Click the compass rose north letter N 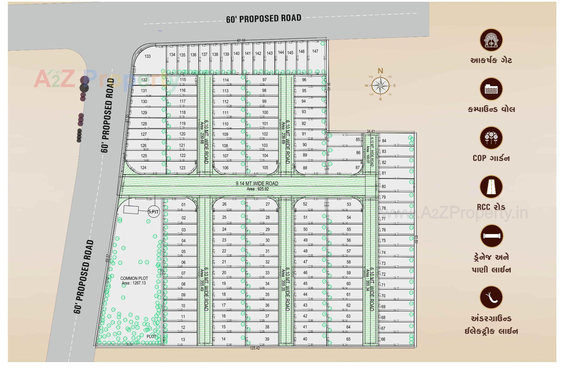(380, 71)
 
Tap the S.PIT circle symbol (153, 211)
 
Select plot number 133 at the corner (147, 56)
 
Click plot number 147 (315, 51)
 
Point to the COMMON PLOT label (134, 278)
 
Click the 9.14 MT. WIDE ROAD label (257, 184)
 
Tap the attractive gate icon (491, 40)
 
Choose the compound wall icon (491, 89)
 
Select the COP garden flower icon (491, 138)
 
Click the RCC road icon (491, 187)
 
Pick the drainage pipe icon (491, 236)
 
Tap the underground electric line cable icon (491, 297)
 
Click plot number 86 (358, 153)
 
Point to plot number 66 (383, 339)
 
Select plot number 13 (183, 339)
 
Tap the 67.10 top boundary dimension (241, 41)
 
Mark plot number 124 (143, 168)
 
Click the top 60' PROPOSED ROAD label (263, 19)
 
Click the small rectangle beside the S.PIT (131, 210)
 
